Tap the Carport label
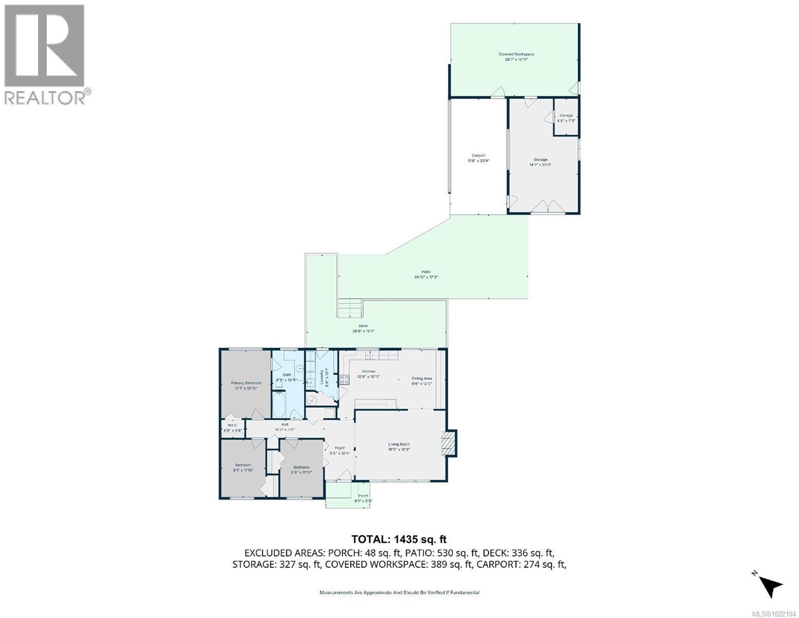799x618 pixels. [x=478, y=158]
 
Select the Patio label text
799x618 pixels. [x=425, y=274]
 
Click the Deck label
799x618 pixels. [x=363, y=328]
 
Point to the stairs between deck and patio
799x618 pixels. [x=350, y=308]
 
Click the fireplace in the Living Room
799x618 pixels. [x=449, y=443]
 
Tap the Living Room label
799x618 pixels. [x=399, y=447]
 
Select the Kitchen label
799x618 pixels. [x=368, y=374]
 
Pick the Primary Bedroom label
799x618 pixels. [x=245, y=385]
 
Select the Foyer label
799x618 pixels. [x=340, y=450]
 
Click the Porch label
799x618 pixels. [x=363, y=498]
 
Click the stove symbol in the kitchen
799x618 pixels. [x=344, y=380]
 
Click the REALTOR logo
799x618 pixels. [x=45, y=54]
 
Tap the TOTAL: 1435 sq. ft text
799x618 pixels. [x=399, y=539]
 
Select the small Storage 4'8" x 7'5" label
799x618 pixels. [x=566, y=118]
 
